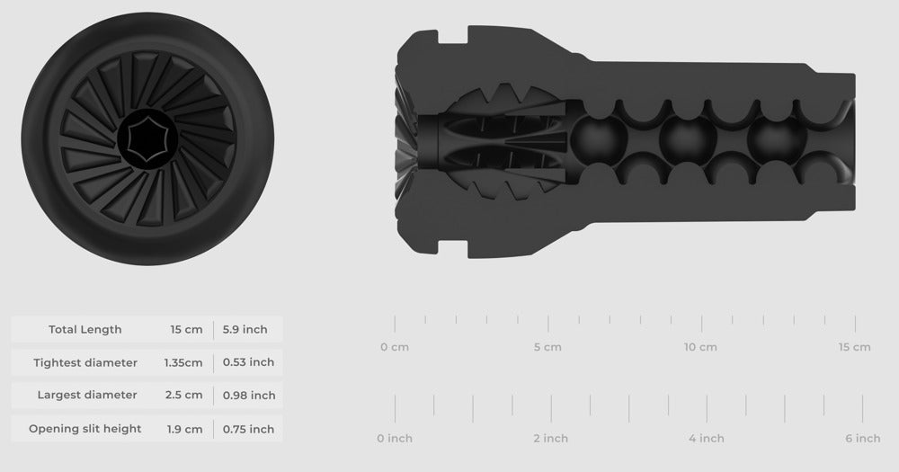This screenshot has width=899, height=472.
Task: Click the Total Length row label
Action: point(85,329)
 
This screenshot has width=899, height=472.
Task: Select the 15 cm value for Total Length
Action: point(186,329)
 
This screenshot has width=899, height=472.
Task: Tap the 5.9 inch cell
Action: point(245,329)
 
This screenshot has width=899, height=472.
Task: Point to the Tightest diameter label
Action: point(85,362)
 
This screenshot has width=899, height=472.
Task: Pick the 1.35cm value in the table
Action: point(183,362)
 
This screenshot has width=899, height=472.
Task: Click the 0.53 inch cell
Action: point(248,362)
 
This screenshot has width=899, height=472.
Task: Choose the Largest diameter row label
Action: point(87,395)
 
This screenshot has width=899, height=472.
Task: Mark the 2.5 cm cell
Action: point(183,395)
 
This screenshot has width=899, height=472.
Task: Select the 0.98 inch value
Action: point(248,395)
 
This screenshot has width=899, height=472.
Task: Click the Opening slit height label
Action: point(85,429)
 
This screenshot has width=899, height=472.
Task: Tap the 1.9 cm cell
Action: point(183,429)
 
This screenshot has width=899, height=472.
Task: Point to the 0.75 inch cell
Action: point(248,429)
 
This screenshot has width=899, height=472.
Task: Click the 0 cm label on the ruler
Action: point(394,347)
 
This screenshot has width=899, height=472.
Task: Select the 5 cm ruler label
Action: point(547,347)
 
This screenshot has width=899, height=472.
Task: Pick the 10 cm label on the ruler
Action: point(700,347)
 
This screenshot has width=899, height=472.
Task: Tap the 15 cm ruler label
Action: point(854,347)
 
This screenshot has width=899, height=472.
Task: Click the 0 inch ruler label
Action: point(394,439)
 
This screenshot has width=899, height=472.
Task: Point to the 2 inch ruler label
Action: point(550,439)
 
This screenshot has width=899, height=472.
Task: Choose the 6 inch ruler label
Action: point(862,439)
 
